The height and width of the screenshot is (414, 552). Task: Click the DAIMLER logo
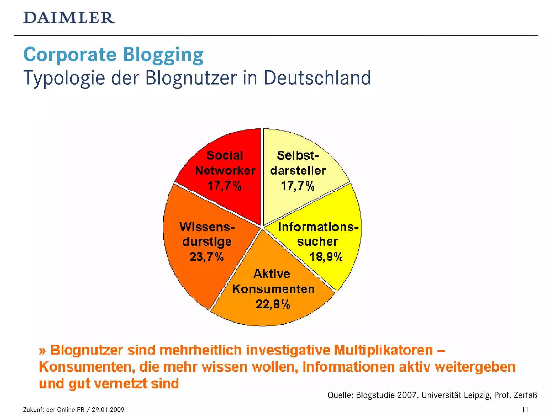click(69, 18)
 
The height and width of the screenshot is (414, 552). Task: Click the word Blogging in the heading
click(163, 55)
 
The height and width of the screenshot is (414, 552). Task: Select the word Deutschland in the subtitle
click(317, 78)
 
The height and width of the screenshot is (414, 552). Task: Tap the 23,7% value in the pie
click(206, 257)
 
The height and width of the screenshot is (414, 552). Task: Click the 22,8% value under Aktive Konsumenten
click(273, 304)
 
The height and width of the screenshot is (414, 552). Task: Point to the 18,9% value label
click(326, 257)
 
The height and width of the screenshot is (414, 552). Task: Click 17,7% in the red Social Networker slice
click(224, 186)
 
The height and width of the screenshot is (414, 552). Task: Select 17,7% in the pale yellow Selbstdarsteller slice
click(298, 186)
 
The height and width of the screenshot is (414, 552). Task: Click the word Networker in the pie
click(225, 171)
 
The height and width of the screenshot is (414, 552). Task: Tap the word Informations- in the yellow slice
click(318, 227)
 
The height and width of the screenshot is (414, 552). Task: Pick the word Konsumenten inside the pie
click(273, 289)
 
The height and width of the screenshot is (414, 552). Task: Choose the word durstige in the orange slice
click(207, 242)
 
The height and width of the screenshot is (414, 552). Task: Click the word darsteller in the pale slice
click(298, 171)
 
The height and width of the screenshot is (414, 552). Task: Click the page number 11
click(525, 410)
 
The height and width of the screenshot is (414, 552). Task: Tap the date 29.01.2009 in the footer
click(108, 410)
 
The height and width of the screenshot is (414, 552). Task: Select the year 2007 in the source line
click(407, 395)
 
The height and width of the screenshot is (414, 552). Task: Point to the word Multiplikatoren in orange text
click(383, 350)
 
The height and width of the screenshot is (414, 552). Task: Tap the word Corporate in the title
click(70, 55)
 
